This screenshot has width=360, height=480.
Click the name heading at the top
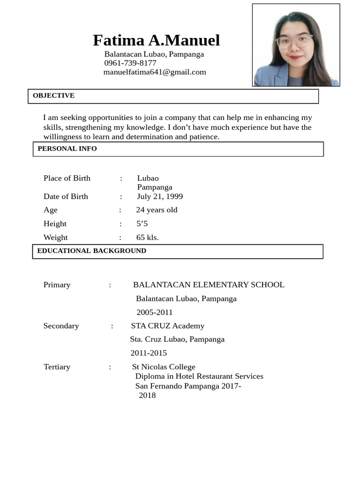pyautogui.click(x=156, y=40)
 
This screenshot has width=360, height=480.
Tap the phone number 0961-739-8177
pyautogui.click(x=130, y=63)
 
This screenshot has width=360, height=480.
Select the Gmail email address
pyautogui.click(x=155, y=72)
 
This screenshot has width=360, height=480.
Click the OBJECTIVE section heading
pyautogui.click(x=53, y=96)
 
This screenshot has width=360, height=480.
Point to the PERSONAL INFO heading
pyautogui.click(x=67, y=149)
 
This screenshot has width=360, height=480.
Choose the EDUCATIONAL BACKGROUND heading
pyautogui.click(x=91, y=251)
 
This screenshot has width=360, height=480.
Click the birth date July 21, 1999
pyautogui.click(x=160, y=196)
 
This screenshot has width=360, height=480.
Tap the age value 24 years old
pyautogui.click(x=157, y=210)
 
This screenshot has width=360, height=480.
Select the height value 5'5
pyautogui.click(x=142, y=224)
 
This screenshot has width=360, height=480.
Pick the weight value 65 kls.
pyautogui.click(x=147, y=237)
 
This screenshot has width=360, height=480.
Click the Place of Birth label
pyautogui.click(x=67, y=178)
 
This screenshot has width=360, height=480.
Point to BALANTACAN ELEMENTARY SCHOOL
pyautogui.click(x=209, y=285)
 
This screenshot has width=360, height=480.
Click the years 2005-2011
pyautogui.click(x=155, y=312)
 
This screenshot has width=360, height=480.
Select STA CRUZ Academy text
pyautogui.click(x=167, y=326)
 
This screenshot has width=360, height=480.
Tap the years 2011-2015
pyautogui.click(x=149, y=353)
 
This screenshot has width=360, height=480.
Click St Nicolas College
pyautogui.click(x=164, y=367)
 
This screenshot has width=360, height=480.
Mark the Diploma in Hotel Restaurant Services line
pyautogui.click(x=199, y=376)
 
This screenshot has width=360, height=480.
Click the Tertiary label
pyautogui.click(x=57, y=367)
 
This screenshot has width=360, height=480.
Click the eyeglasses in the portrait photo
pyautogui.click(x=294, y=41)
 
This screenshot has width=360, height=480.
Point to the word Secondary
pyautogui.click(x=61, y=326)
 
